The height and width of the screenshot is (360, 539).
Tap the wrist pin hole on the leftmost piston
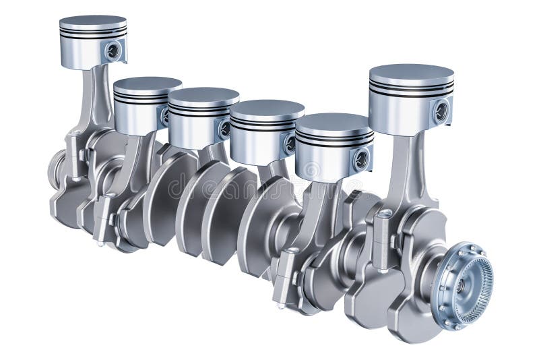click(113, 49)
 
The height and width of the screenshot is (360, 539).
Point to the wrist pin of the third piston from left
click(224, 128)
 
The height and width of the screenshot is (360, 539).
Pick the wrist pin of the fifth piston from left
click(362, 159)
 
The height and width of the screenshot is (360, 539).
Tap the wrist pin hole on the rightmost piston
click(441, 111)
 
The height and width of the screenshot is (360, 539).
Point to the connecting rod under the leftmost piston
click(97, 101)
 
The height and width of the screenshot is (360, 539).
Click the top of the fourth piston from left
click(267, 107)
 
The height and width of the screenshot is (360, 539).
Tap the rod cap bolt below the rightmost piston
click(383, 233)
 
